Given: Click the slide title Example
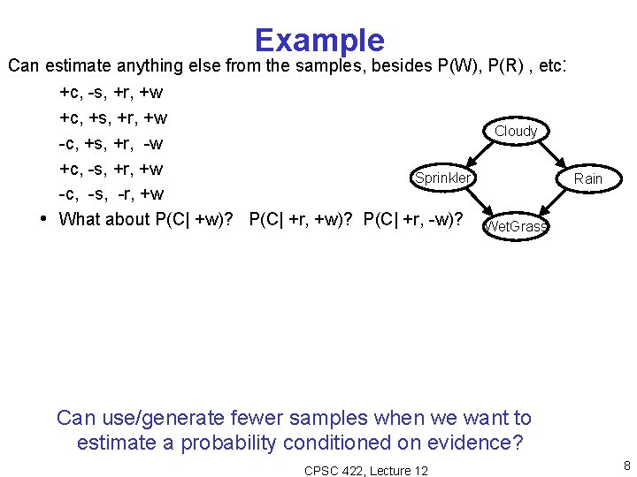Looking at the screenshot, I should click(319, 40).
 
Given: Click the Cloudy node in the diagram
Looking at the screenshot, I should click(516, 132).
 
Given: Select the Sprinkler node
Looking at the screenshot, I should click(442, 178).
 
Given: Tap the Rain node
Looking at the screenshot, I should click(587, 179).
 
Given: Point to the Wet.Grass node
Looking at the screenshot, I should click(516, 227).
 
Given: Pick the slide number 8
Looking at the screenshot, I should click(626, 466).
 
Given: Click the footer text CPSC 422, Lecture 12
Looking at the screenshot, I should click(365, 471).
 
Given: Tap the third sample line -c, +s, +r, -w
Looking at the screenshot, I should click(110, 143).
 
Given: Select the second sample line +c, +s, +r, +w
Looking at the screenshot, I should click(112, 117).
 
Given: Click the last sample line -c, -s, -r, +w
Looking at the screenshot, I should click(111, 193).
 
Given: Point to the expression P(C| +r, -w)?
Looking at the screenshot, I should click(413, 219).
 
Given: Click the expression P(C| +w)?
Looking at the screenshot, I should click(200, 219).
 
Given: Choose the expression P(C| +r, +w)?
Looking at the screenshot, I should click(303, 219).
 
